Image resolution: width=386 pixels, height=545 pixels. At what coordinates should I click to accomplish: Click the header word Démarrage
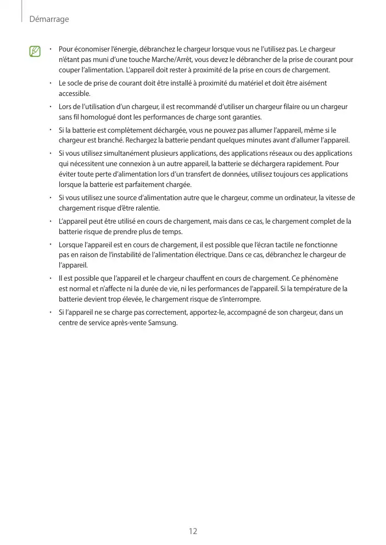(49, 19)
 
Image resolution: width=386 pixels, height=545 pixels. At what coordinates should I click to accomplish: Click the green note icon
(35, 52)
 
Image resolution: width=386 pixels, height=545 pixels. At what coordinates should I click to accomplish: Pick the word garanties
(246, 117)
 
